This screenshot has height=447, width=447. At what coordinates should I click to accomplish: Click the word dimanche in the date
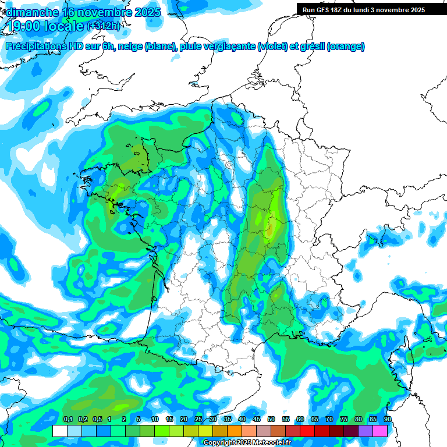click(30, 12)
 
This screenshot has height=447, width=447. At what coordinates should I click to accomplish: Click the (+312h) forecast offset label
click(104, 26)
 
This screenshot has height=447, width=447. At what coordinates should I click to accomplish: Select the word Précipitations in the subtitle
click(36, 47)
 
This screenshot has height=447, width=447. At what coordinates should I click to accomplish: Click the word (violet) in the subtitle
click(272, 47)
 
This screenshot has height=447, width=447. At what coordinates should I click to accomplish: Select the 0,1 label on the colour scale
click(68, 419)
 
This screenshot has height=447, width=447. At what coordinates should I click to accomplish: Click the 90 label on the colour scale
click(387, 419)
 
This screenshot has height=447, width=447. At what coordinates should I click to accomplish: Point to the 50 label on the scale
click(271, 419)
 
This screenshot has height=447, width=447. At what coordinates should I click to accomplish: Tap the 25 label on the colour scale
click(198, 419)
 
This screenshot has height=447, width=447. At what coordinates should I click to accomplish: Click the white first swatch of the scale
click(59, 431)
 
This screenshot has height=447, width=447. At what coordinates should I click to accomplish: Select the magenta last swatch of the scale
click(380, 431)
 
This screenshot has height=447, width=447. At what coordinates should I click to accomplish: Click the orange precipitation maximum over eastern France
click(270, 228)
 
